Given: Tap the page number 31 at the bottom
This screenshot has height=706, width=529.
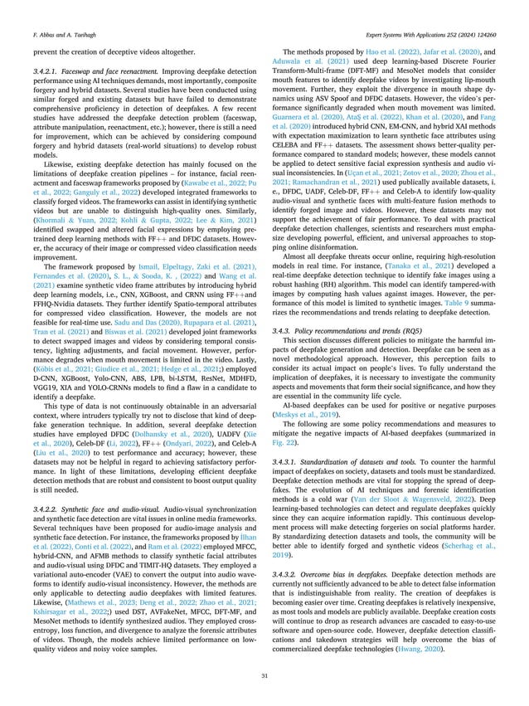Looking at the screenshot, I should tap(264, 674).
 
